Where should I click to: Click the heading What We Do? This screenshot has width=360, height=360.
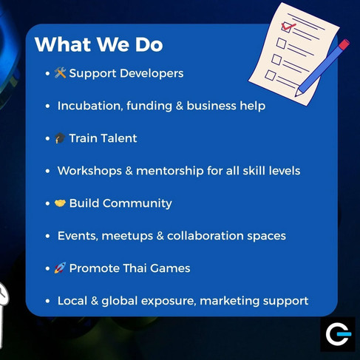point(99,44)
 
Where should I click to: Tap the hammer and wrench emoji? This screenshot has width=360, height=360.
point(60,73)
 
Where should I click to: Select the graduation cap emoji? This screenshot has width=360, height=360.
point(60,138)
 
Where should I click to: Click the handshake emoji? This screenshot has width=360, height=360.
point(60,203)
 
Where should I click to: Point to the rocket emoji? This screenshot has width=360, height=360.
point(60,268)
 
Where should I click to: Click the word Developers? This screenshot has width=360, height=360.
point(152,74)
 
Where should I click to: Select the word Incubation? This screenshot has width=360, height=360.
point(90,106)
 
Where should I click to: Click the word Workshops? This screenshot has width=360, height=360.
point(89,171)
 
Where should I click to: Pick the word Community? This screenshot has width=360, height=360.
point(137,204)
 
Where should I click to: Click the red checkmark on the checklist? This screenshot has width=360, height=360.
point(288,26)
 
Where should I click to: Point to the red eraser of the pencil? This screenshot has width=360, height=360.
point(344,44)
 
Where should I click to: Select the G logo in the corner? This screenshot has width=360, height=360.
point(338,334)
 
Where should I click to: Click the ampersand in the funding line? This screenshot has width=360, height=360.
point(180,106)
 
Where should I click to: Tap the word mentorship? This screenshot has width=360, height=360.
point(170,171)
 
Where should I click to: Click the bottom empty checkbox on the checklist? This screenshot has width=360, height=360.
point(271,75)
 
